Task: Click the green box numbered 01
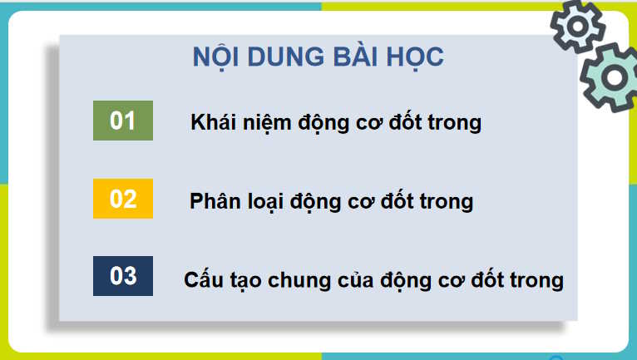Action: pyautogui.click(x=123, y=121)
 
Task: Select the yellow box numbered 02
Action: pyautogui.click(x=123, y=200)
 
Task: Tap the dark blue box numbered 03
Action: pyautogui.click(x=123, y=276)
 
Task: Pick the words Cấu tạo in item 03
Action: pyautogui.click(x=218, y=280)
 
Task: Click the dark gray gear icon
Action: pyautogui.click(x=578, y=27)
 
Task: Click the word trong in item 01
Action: pyautogui.click(x=453, y=123)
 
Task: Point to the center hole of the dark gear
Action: pyautogui.click(x=578, y=27)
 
